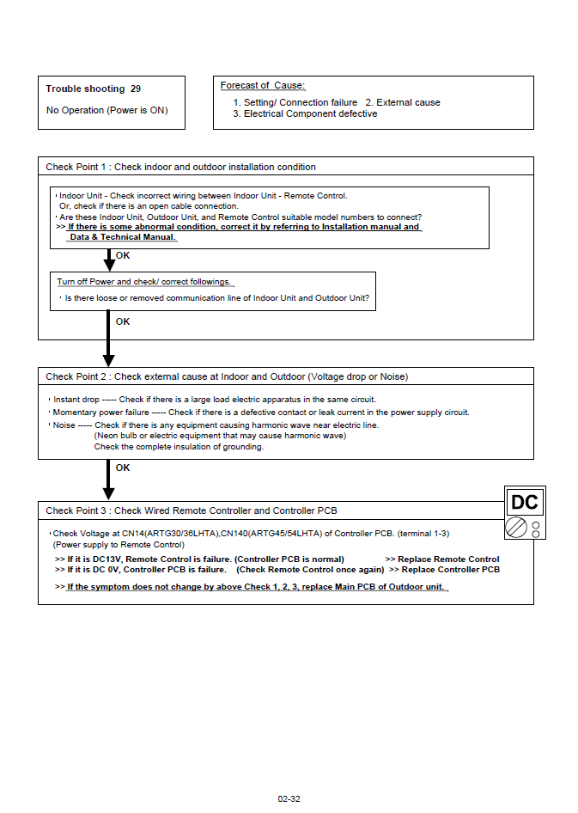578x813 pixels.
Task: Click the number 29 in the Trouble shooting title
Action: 136,89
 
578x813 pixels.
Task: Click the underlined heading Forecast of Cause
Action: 263,85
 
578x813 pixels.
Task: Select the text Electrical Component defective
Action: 310,113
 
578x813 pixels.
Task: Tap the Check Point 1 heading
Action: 180,167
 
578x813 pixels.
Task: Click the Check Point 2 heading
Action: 227,376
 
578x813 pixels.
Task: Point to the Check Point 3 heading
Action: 191,510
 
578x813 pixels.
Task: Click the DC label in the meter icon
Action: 524,503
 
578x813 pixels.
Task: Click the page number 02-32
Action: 289,799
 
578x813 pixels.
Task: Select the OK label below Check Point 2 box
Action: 123,468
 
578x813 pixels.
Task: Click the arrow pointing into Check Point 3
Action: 108,481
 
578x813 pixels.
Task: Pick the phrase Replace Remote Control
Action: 448,559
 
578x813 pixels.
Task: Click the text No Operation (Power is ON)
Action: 106,110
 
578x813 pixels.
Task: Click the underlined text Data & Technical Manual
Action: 122,237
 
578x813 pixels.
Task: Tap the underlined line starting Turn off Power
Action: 144,282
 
